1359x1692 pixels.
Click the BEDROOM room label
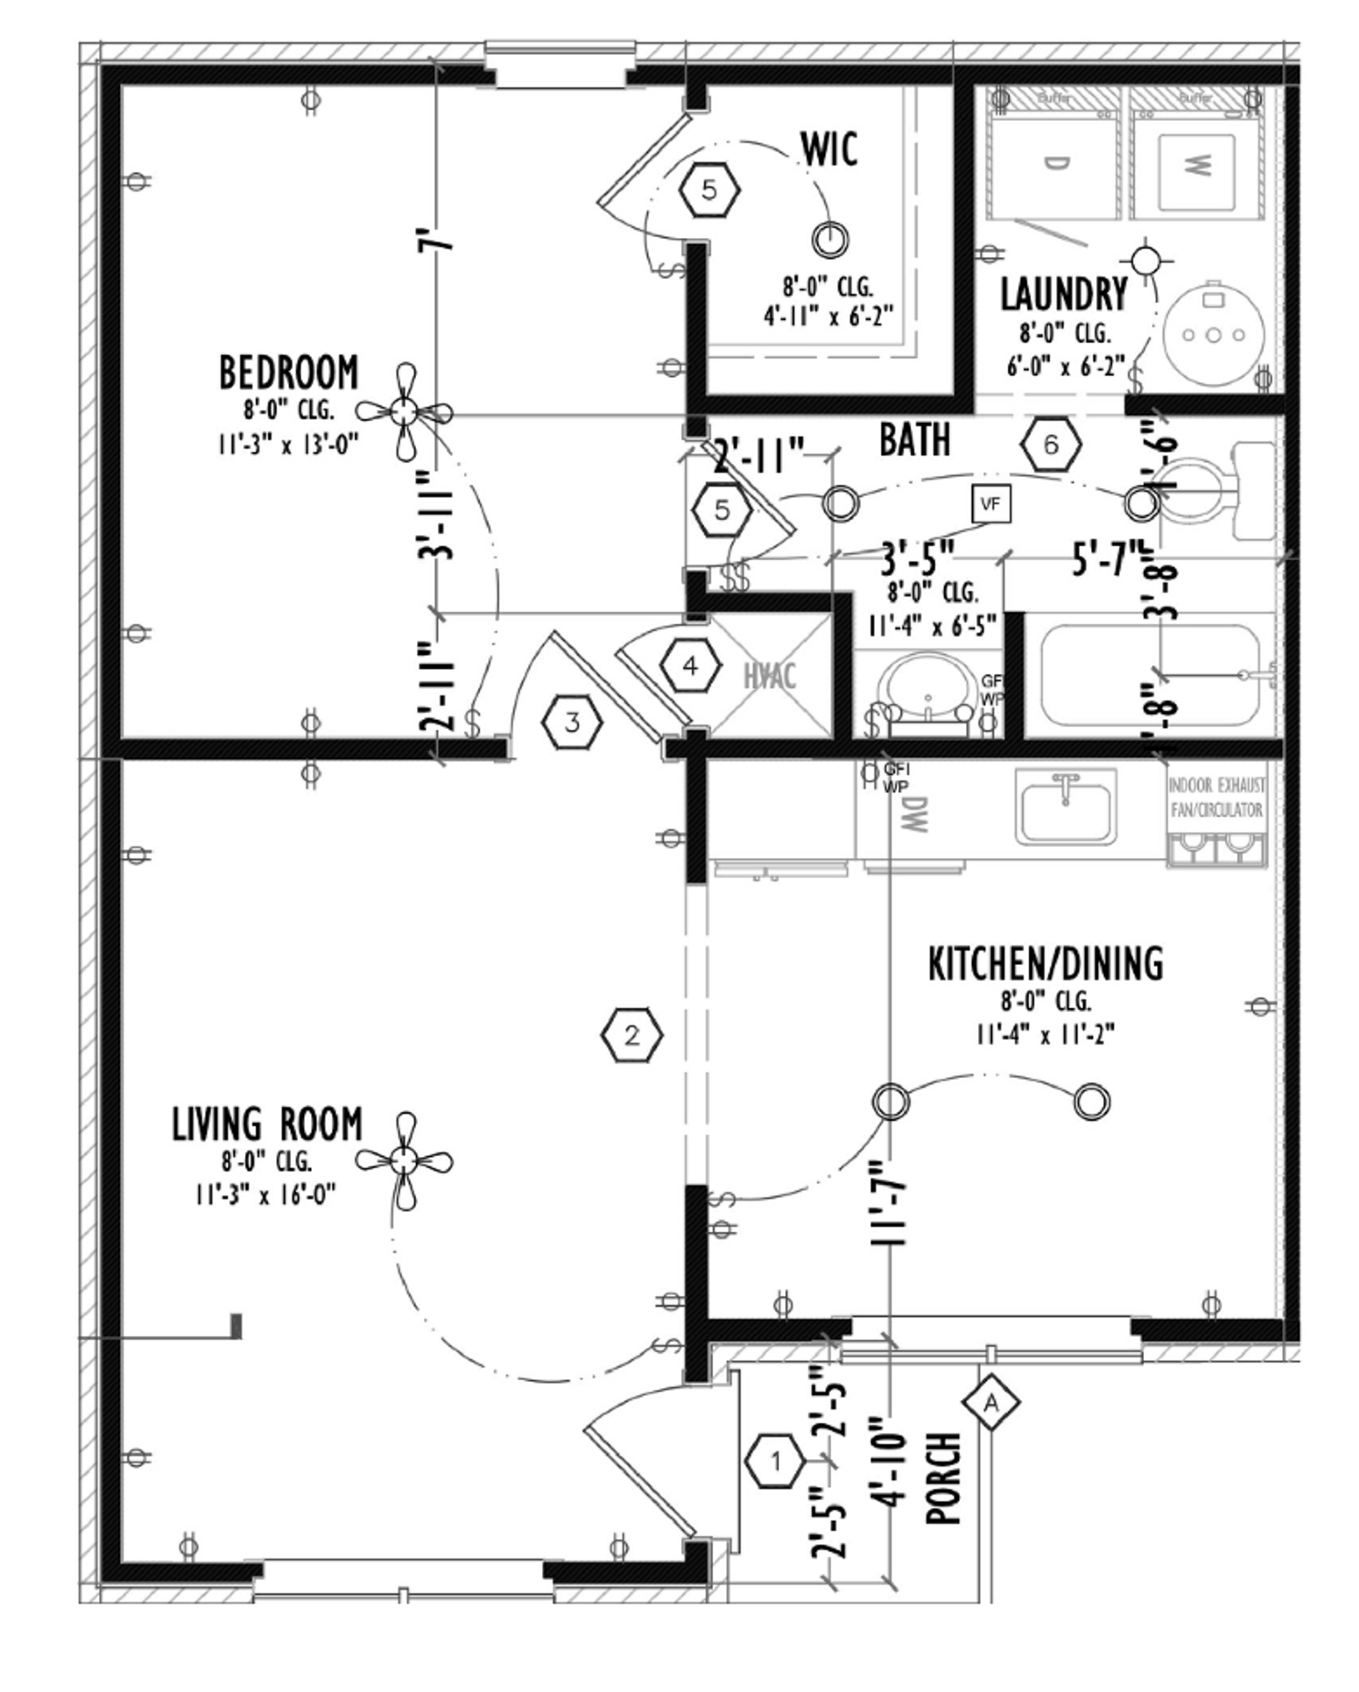[x=288, y=373]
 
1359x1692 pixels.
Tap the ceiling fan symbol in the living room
[x=404, y=1161]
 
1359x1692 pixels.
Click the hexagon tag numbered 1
[x=776, y=1462]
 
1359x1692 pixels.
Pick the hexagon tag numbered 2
[x=632, y=1035]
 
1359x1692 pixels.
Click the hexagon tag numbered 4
[x=690, y=665]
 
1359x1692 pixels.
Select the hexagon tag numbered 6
[x=1051, y=444]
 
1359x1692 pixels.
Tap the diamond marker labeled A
[x=991, y=1402]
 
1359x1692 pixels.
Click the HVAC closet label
[x=769, y=677]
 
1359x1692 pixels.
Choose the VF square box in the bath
[x=991, y=504]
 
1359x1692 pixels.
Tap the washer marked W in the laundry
[x=1195, y=166]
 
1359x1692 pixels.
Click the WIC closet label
[x=828, y=149]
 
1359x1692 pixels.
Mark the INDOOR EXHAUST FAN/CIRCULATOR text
[x=1216, y=798]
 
